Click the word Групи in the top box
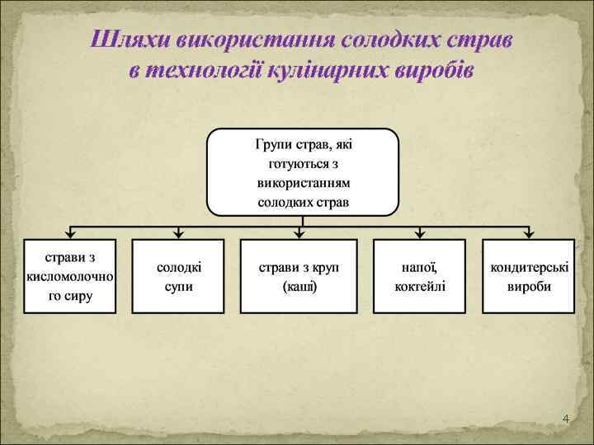(273, 145)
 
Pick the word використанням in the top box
(303, 183)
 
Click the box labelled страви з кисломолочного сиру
(69, 276)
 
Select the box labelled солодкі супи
(178, 276)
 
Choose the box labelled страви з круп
(299, 276)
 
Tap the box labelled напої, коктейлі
(419, 276)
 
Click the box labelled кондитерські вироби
(528, 276)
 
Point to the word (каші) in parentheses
(299, 287)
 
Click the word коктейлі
(419, 287)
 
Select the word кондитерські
(528, 268)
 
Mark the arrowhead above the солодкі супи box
(178, 235)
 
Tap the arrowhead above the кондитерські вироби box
(528, 235)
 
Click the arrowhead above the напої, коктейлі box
(419, 235)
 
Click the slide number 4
(565, 419)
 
